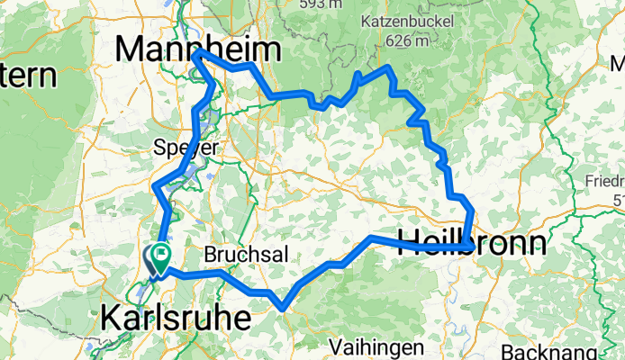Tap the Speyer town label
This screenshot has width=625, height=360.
(186, 146)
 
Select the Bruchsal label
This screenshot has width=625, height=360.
(246, 255)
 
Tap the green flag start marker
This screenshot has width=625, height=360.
(162, 256)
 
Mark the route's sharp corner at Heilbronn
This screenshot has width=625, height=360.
(468, 246)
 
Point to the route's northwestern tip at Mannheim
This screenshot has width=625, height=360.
(195, 53)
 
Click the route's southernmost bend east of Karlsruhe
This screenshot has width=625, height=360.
(284, 308)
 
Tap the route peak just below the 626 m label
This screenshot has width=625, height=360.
(388, 67)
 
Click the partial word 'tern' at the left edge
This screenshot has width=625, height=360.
(26, 76)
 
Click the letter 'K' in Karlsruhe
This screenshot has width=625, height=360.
(112, 317)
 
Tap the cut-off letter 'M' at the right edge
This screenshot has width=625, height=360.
(617, 64)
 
